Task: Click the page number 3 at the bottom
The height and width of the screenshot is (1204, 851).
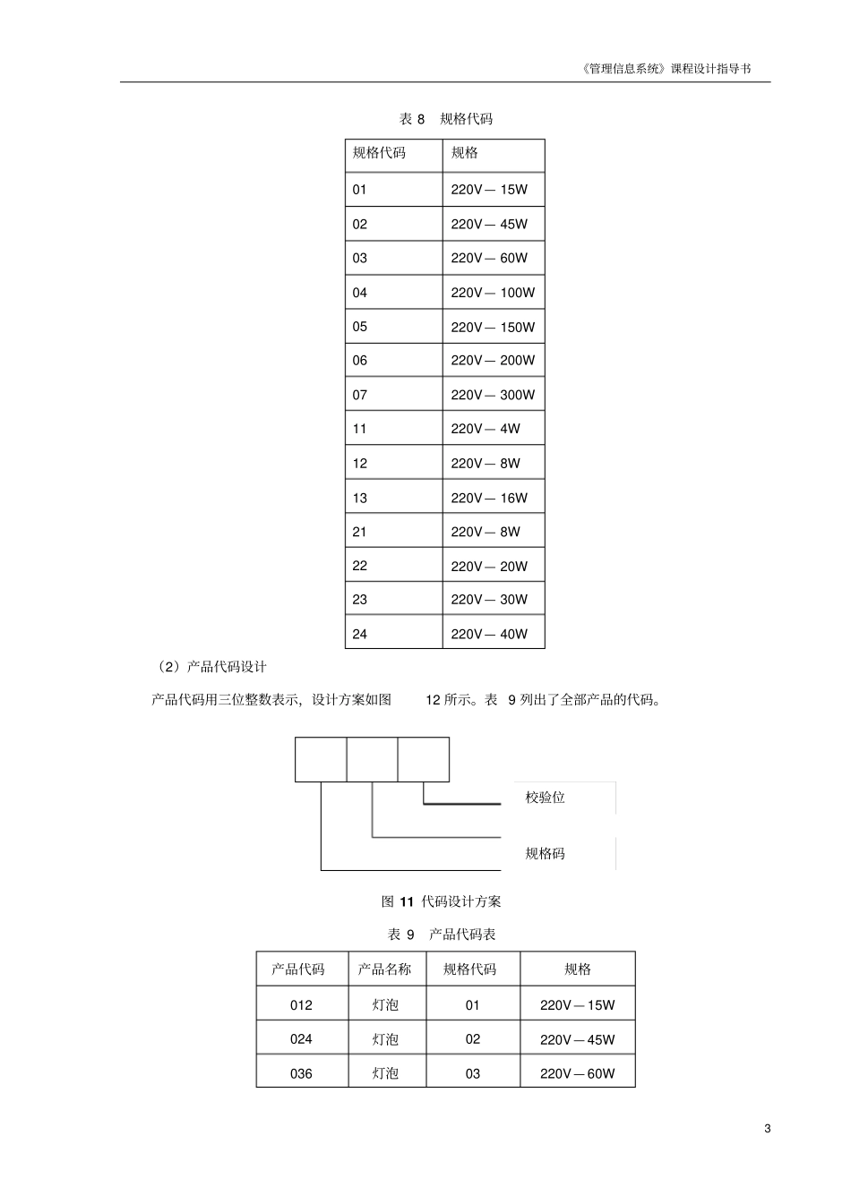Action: point(767,1128)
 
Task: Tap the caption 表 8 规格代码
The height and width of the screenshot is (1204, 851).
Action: point(445,119)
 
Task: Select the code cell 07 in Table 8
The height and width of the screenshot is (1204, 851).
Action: point(360,395)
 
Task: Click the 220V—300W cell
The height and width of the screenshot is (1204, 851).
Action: point(493,395)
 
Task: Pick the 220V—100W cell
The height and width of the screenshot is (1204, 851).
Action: point(493,293)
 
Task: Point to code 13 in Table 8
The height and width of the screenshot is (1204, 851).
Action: point(360,498)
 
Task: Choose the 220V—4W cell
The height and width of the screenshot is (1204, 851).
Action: point(486,429)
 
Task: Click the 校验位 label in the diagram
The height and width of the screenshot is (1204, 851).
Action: point(545,798)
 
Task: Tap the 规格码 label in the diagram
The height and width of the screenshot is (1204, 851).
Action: point(545,853)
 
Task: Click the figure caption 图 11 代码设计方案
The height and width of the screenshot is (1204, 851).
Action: point(441,901)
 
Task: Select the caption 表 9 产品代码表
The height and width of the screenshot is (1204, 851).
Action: point(441,935)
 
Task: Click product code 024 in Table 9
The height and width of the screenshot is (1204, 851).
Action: point(301,1039)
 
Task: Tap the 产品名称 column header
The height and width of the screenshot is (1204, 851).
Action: point(385,969)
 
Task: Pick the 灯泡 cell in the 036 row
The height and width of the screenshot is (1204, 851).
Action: point(385,1073)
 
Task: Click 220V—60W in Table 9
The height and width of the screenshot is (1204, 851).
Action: point(577,1073)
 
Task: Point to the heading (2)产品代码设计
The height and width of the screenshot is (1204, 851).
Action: point(211,667)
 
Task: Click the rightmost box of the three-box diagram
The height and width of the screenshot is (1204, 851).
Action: point(424,759)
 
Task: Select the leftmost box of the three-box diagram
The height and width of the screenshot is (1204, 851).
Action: point(321,759)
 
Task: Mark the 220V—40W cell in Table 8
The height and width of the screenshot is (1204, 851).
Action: point(489,634)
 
